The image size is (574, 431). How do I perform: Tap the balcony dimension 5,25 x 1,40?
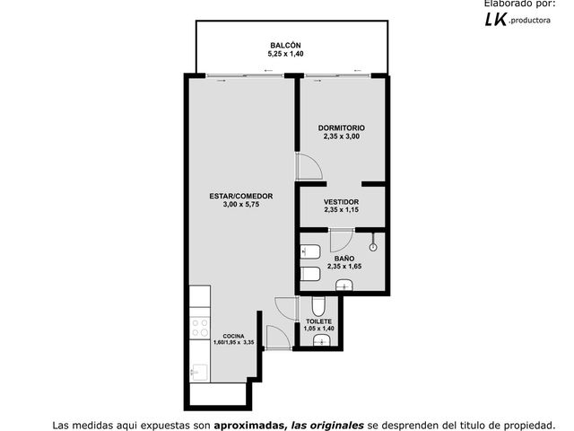[285, 54]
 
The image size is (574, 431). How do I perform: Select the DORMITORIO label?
[341, 128]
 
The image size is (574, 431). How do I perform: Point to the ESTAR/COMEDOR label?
[241, 196]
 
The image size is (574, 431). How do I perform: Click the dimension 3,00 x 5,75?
[241, 205]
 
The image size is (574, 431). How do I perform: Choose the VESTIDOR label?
[341, 202]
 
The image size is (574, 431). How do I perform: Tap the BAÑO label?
[344, 259]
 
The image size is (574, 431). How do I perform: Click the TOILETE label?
[319, 321]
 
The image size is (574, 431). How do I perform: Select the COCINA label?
[233, 336]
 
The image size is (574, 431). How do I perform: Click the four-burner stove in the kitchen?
[200, 328]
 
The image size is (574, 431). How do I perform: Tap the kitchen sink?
[199, 374]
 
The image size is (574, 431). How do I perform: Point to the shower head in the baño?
[373, 243]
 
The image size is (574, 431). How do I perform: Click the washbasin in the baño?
[344, 286]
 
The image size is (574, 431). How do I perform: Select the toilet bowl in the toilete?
[318, 306]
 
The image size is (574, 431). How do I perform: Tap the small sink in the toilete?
[322, 341]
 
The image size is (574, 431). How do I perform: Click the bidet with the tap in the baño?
[310, 251]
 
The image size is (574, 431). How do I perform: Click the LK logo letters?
[496, 20]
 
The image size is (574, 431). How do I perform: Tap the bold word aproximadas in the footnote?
[250, 426]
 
